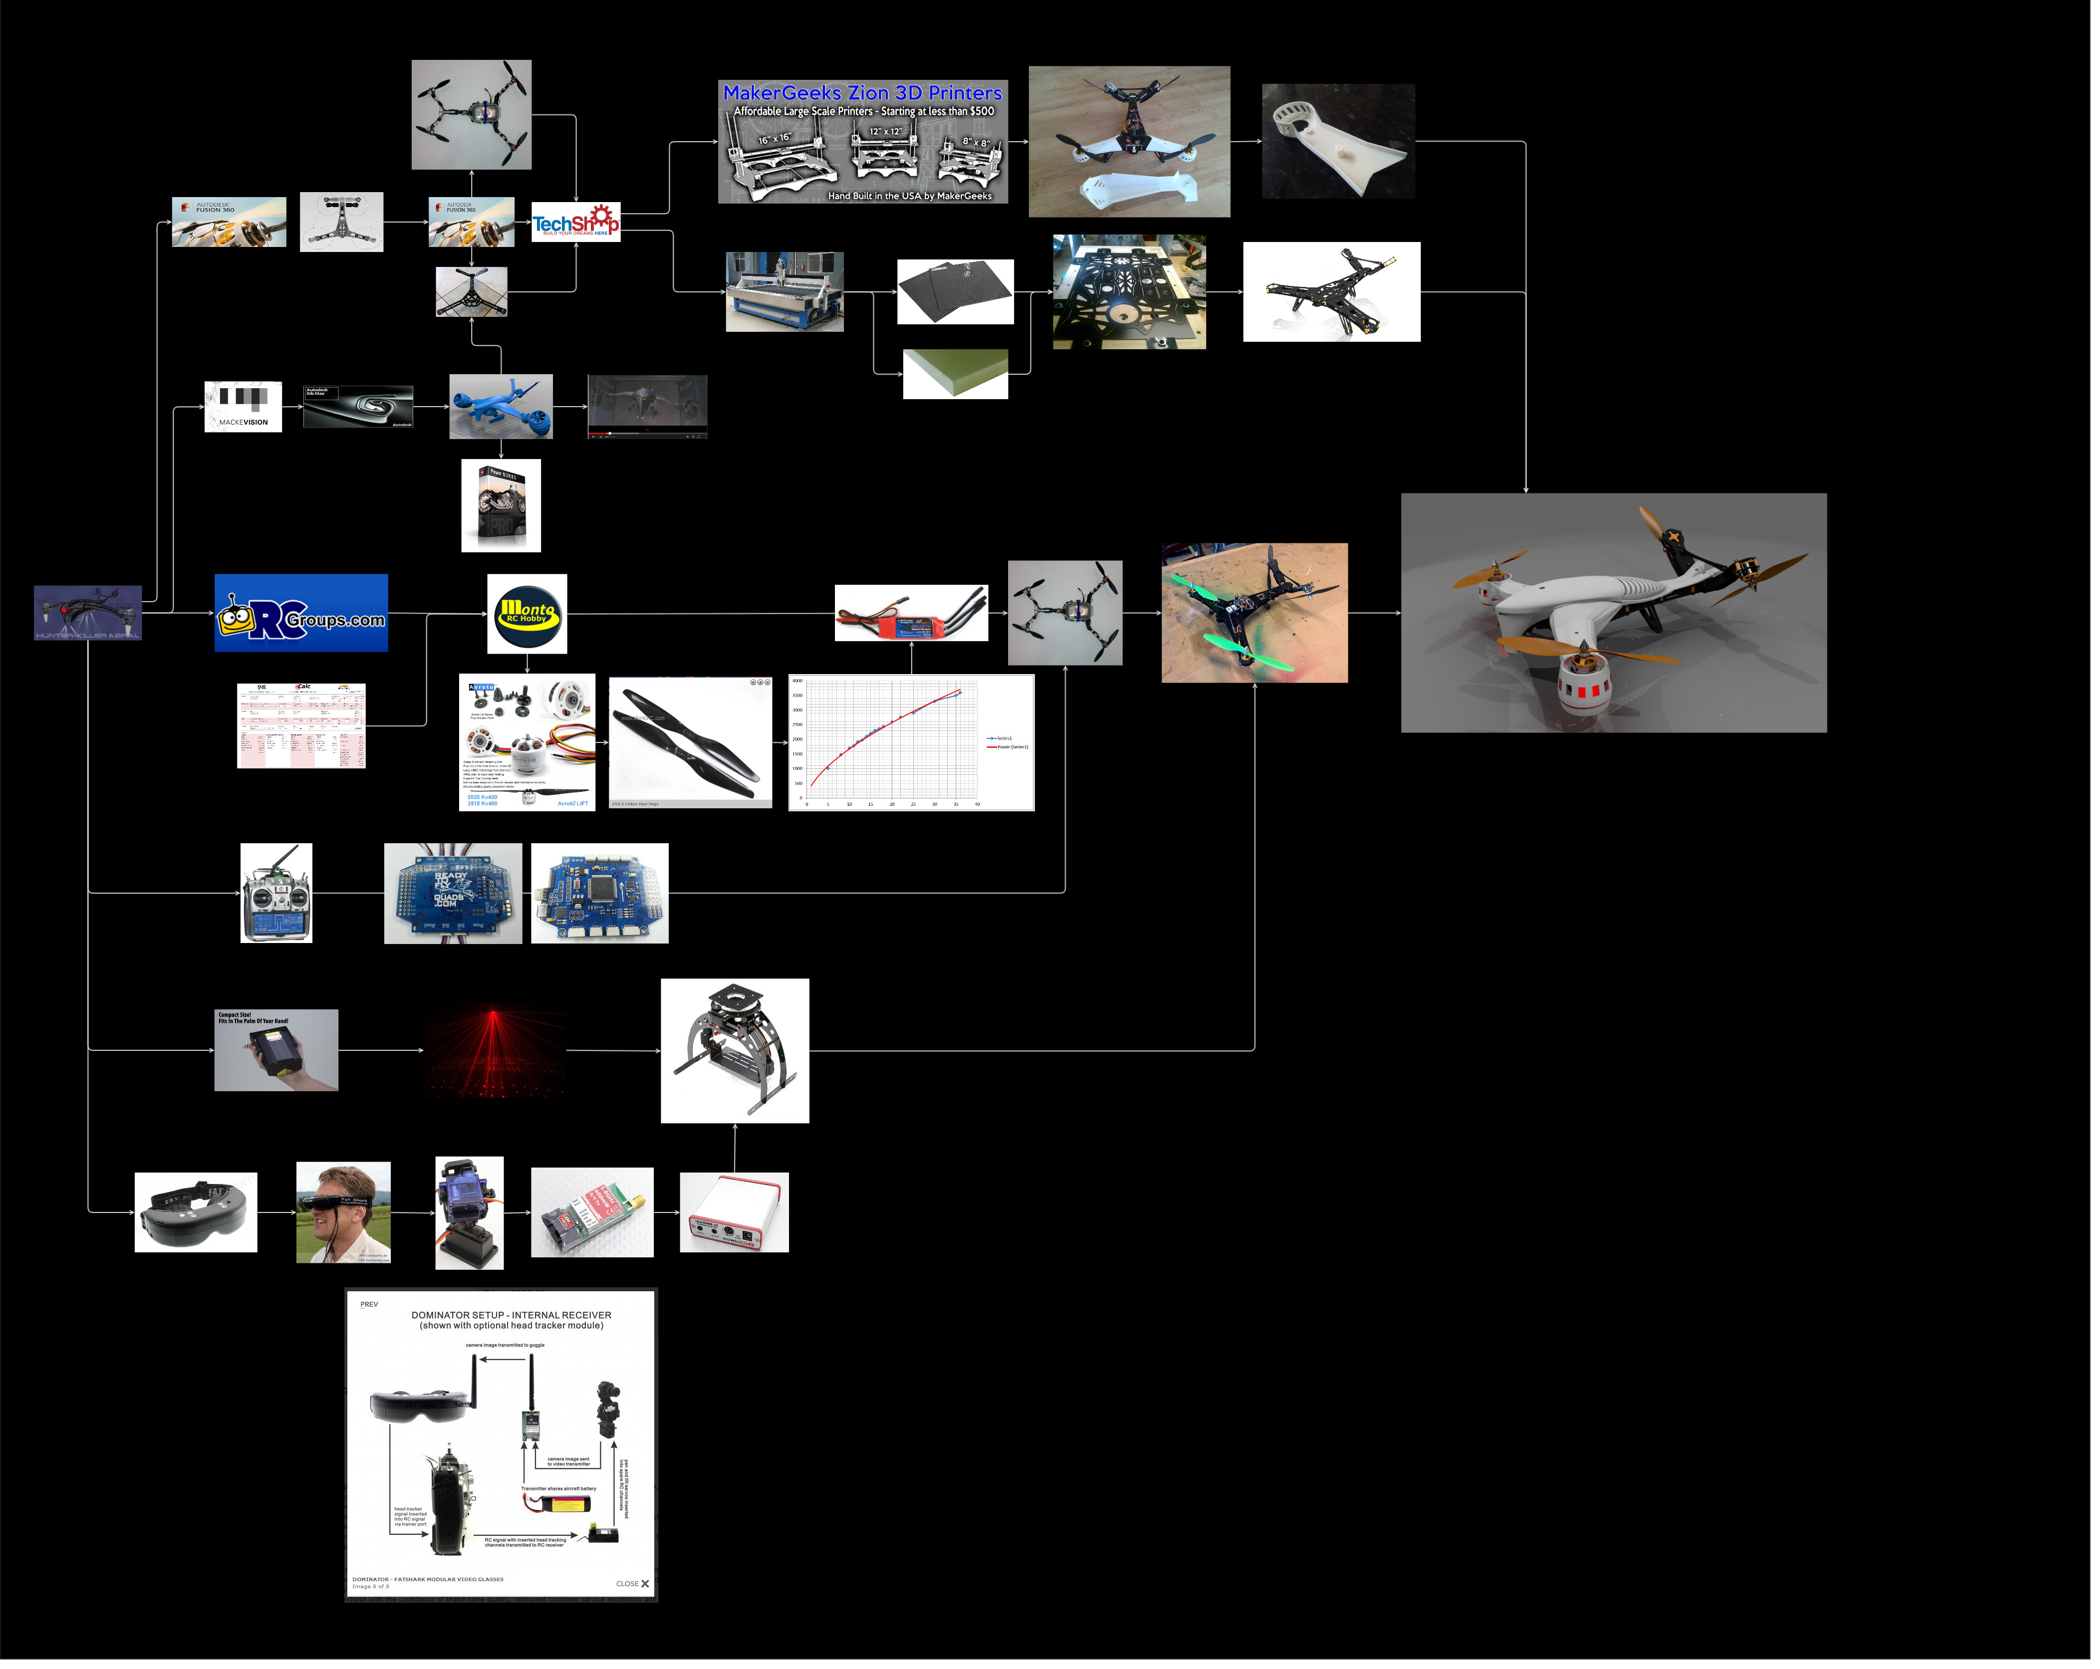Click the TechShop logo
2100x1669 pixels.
coord(575,222)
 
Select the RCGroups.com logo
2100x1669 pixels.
coord(301,613)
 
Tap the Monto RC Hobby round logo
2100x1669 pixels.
coord(527,613)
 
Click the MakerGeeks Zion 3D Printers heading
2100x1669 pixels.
coord(862,92)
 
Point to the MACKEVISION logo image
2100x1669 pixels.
coord(243,406)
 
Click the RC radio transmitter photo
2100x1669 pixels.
coord(276,893)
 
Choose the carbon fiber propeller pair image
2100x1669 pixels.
coord(691,743)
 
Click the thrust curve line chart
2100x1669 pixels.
coord(911,743)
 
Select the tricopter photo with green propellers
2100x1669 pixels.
coord(1255,613)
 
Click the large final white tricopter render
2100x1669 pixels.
coord(1613,613)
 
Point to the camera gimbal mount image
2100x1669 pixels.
coord(735,1051)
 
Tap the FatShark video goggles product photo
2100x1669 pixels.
coord(196,1212)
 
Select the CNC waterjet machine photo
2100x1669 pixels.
coord(784,291)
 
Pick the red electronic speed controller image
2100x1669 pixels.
coord(911,613)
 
